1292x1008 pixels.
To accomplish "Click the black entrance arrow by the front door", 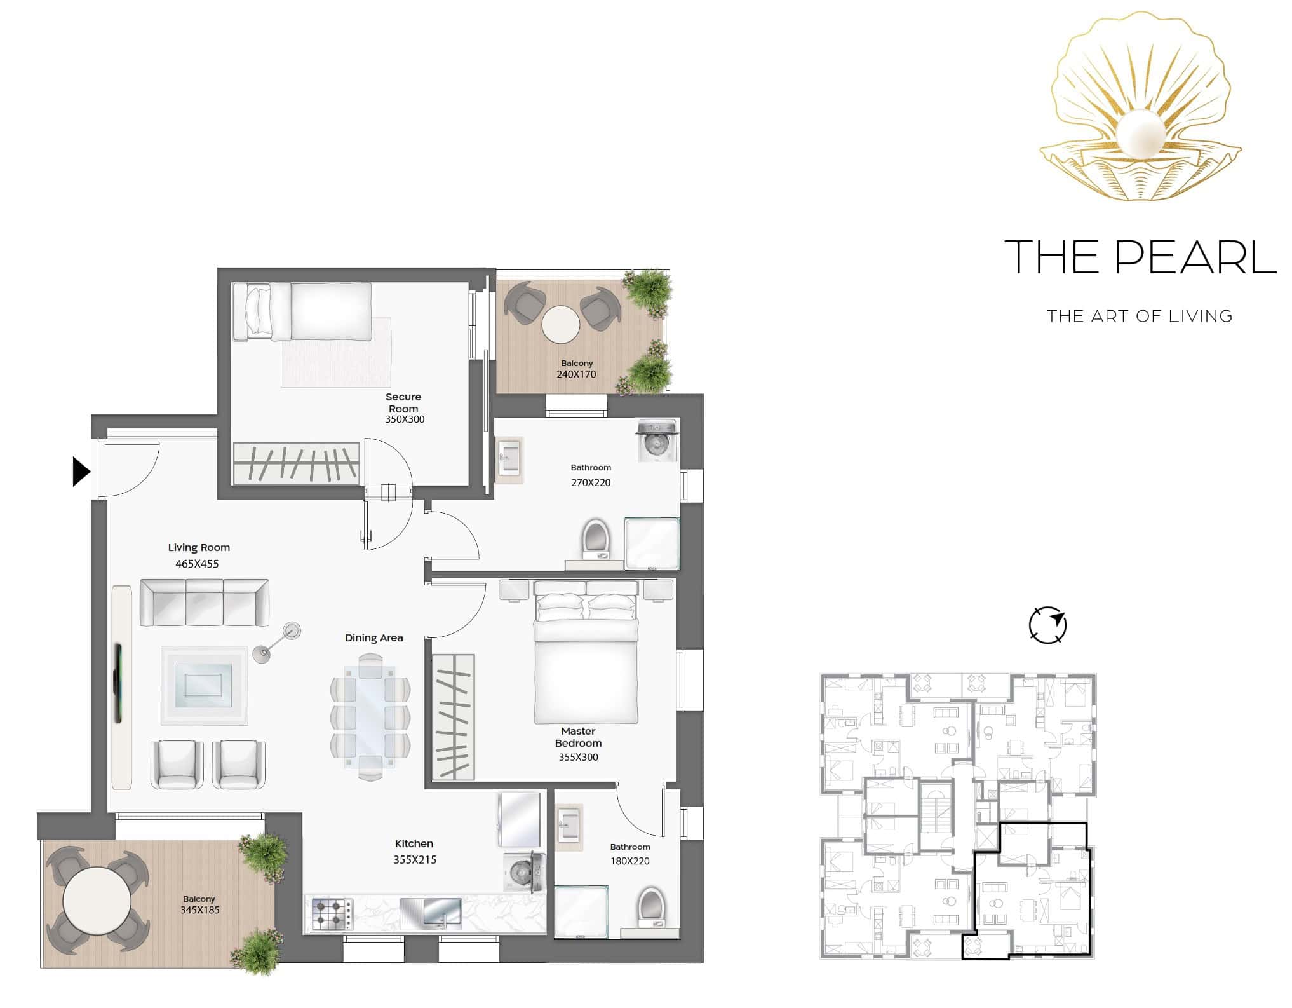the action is pos(81,472).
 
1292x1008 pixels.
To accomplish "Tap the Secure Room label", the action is pos(403,403).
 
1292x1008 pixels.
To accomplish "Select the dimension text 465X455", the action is pos(197,564).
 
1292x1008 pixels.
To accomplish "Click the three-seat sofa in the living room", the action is pos(205,602).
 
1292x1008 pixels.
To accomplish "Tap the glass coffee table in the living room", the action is pos(204,685).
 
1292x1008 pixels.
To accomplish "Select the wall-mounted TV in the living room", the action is pos(118,683).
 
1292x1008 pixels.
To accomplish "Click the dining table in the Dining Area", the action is pos(370,717).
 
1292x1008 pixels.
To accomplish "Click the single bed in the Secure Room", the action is pos(302,311).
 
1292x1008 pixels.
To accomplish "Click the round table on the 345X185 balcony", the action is pos(97,901).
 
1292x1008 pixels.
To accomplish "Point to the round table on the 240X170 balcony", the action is pos(561,325).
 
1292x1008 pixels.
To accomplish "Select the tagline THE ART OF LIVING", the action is pos(1140,316).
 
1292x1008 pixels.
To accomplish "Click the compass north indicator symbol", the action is pos(1047,625).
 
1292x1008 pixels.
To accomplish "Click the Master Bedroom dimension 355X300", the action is pos(578,757).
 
